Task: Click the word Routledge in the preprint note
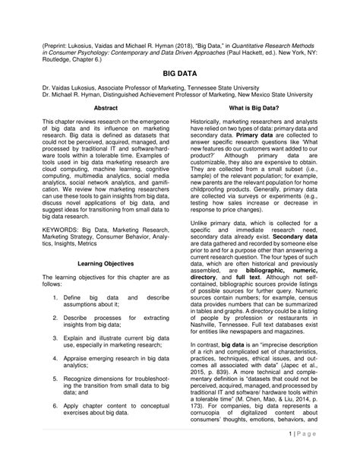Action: tap(58, 59)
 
